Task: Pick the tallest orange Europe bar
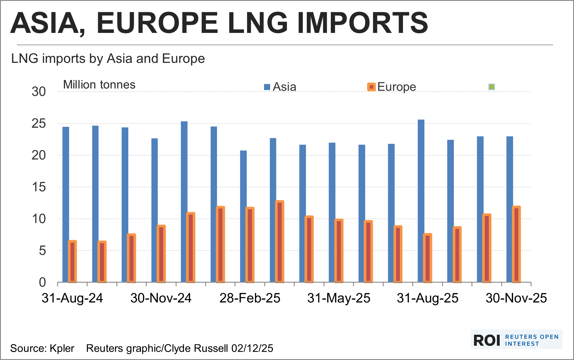coord(280,241)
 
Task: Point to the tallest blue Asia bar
coord(421,201)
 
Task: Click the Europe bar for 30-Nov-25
coord(516,244)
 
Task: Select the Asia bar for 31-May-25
coord(332,212)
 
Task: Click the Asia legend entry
coord(280,87)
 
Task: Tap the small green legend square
coord(492,87)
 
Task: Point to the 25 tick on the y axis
coord(39,124)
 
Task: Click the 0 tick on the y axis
coord(42,282)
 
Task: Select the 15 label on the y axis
coord(39,187)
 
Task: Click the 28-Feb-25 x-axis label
coord(250,298)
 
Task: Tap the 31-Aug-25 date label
coord(428,298)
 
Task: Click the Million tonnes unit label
coord(99,85)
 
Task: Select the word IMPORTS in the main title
coord(362,23)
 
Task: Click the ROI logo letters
coord(487,340)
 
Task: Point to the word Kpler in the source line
coord(62,348)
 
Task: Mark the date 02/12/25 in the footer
coord(252,348)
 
